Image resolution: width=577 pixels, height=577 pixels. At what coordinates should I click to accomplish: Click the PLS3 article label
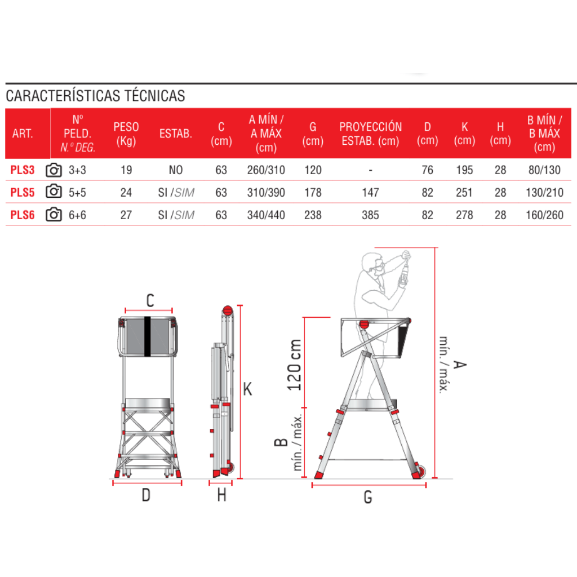[23, 170]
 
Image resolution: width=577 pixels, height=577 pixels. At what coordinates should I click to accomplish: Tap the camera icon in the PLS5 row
[54, 192]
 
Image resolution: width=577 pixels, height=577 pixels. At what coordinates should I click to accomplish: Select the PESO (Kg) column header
[126, 134]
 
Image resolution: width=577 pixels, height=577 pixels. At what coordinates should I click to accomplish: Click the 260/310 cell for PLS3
[266, 170]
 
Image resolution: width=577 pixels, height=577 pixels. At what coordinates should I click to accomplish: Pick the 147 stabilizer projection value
[370, 193]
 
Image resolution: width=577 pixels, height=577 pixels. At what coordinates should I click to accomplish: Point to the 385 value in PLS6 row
[370, 215]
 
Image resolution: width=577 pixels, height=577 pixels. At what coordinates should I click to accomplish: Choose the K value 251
[464, 193]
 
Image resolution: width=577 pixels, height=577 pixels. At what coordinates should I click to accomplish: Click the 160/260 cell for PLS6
[545, 215]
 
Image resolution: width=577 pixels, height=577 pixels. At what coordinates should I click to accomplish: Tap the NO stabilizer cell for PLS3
[176, 170]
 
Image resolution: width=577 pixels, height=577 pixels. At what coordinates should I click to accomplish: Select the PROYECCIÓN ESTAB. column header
[371, 134]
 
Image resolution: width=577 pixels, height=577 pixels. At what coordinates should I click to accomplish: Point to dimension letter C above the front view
[150, 300]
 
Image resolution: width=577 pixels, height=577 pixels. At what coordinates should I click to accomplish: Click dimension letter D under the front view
[146, 495]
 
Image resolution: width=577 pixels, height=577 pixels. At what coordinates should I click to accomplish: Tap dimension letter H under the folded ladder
[221, 495]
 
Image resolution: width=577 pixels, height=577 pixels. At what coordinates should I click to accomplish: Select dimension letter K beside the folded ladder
[248, 389]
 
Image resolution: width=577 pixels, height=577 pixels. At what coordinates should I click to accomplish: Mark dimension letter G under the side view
[368, 497]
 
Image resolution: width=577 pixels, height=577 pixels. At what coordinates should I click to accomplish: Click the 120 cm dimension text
[294, 365]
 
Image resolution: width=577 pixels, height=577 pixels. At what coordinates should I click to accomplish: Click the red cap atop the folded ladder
[228, 310]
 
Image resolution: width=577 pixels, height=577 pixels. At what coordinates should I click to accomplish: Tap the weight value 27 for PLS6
[126, 215]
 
